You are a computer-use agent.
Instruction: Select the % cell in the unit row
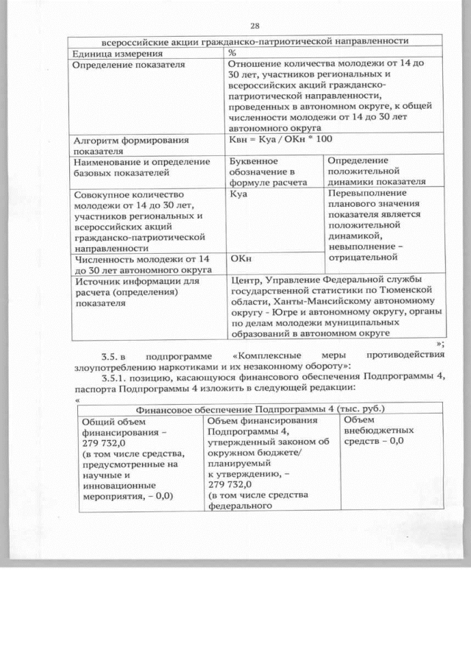click(x=232, y=54)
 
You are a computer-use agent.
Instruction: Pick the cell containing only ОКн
click(x=241, y=259)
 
